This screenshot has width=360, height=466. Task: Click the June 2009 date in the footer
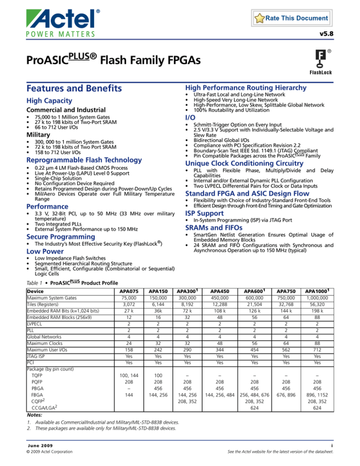[39, 444]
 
